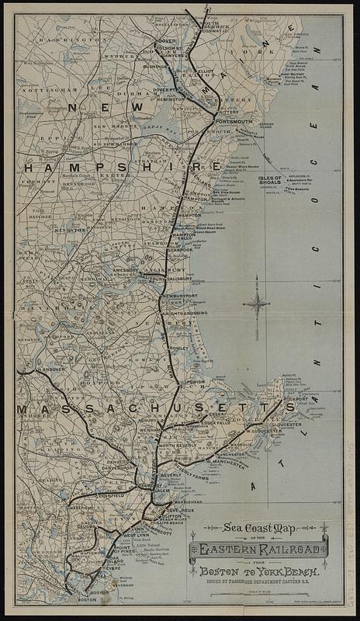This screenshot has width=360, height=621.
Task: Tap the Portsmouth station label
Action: pyautogui.click(x=234, y=121)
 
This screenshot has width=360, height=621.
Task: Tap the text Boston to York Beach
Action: pyautogui.click(x=259, y=571)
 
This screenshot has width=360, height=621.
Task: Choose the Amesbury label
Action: pyautogui.click(x=125, y=270)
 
